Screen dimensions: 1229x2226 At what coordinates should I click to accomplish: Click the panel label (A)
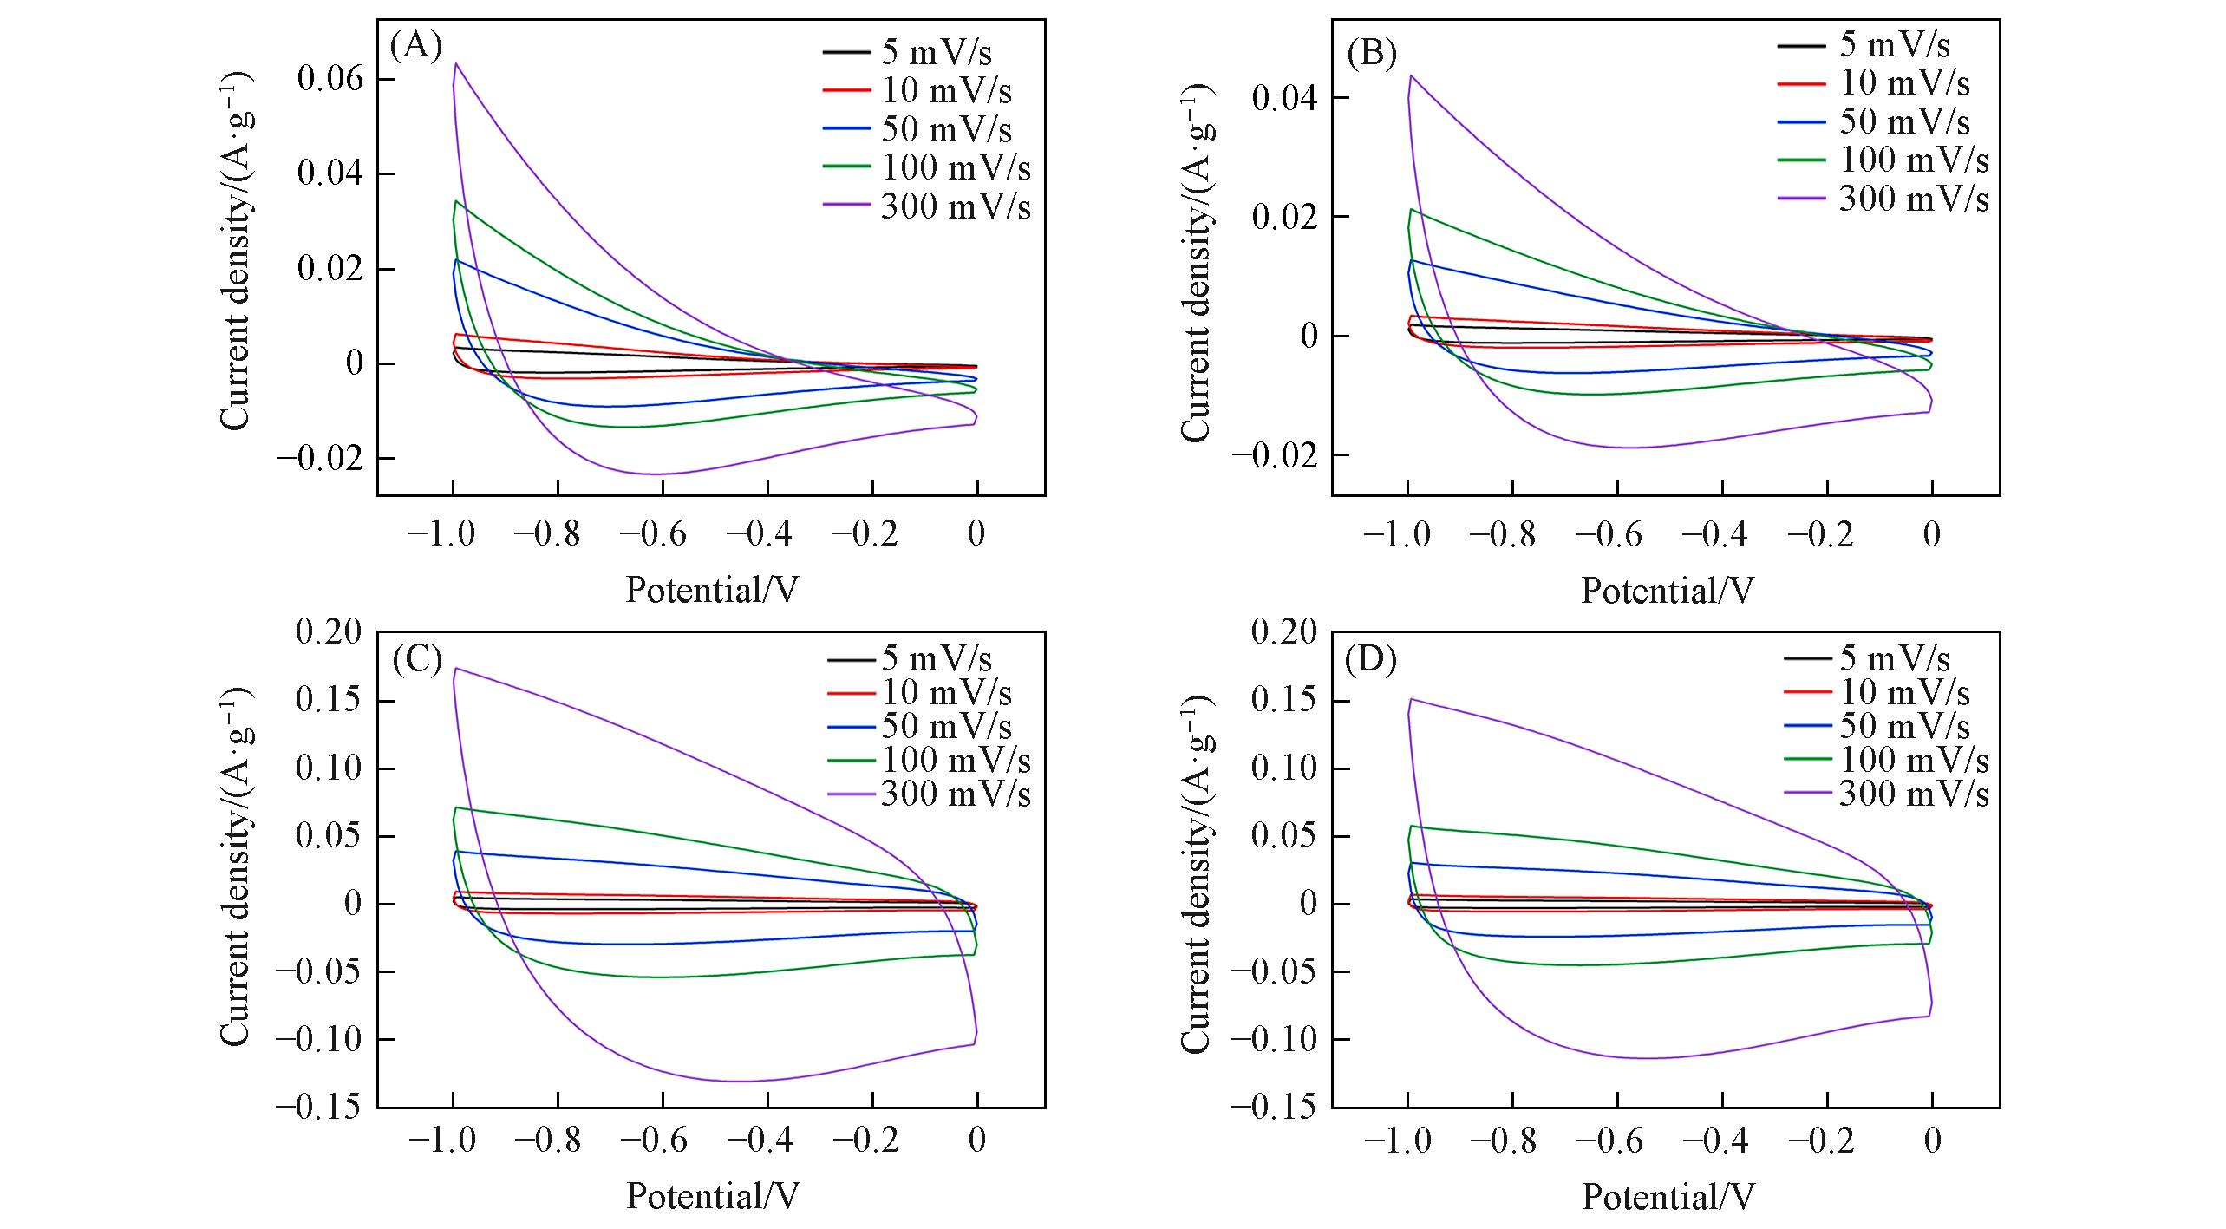point(416,46)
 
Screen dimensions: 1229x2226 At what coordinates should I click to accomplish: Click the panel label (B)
point(1372,54)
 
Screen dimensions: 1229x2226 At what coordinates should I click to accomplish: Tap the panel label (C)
point(417,660)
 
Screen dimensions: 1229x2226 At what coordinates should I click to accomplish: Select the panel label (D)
point(1372,660)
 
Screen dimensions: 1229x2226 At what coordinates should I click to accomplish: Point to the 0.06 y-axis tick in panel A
point(330,80)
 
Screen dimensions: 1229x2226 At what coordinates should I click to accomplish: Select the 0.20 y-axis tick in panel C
point(330,632)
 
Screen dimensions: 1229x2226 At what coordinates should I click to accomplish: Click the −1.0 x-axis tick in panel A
point(441,533)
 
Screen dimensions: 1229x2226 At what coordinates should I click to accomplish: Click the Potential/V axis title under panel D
point(1668,1197)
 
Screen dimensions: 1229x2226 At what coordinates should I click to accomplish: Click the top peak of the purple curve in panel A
point(455,63)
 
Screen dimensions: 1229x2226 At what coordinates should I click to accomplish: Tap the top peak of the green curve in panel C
point(455,807)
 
